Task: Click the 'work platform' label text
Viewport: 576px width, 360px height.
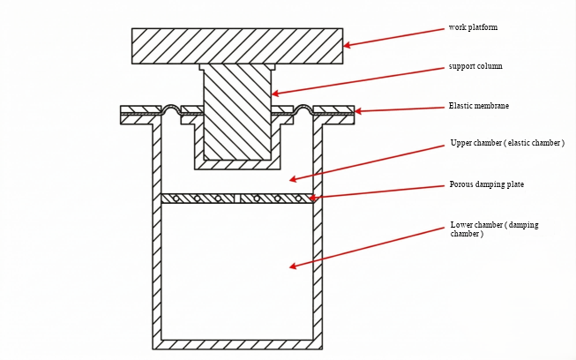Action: coord(473,27)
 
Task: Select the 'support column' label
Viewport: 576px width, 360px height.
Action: coord(476,67)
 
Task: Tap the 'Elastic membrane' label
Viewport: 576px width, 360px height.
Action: coord(479,107)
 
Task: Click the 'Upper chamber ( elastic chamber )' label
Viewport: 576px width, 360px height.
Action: coord(507,143)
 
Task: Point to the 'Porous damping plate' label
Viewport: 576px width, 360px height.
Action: coord(487,185)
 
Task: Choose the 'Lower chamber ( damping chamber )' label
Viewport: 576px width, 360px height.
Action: coord(494,229)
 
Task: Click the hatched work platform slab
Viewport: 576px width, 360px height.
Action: coord(237,46)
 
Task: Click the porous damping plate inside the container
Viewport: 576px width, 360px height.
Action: coord(237,199)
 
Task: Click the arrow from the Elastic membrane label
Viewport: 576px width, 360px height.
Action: coord(397,109)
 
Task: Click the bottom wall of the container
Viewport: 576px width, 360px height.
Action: coord(237,344)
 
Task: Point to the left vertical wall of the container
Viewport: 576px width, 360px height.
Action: coord(157,238)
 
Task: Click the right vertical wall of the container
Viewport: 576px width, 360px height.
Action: coord(318,238)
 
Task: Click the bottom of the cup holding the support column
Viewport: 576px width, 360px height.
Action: coord(237,165)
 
